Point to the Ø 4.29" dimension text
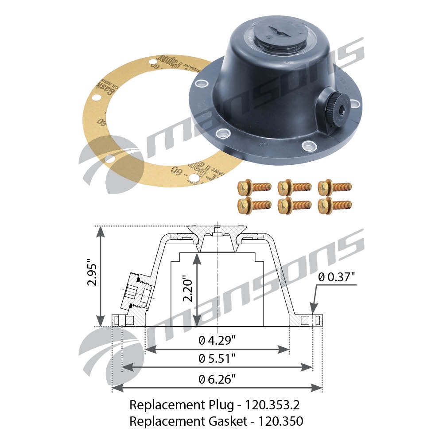[217, 340]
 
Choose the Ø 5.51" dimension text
[217, 358]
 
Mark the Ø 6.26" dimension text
[217, 379]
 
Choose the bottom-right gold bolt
[335, 205]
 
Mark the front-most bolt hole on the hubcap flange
[307, 144]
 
